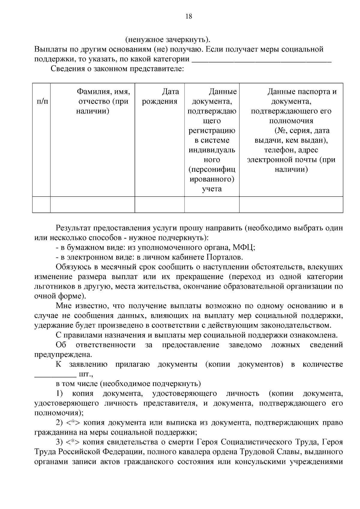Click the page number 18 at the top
pyautogui.click(x=189, y=16)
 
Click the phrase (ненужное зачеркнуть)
pyautogui.click(x=168, y=40)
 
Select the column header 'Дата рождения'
pyautogui.click(x=160, y=97)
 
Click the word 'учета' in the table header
pyautogui.click(x=212, y=189)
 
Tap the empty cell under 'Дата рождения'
pyautogui.click(x=159, y=204)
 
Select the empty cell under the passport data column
pyautogui.click(x=291, y=204)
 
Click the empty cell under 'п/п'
pyautogui.click(x=41, y=204)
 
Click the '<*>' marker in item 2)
pyautogui.click(x=72, y=423)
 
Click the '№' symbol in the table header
pyautogui.click(x=281, y=131)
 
